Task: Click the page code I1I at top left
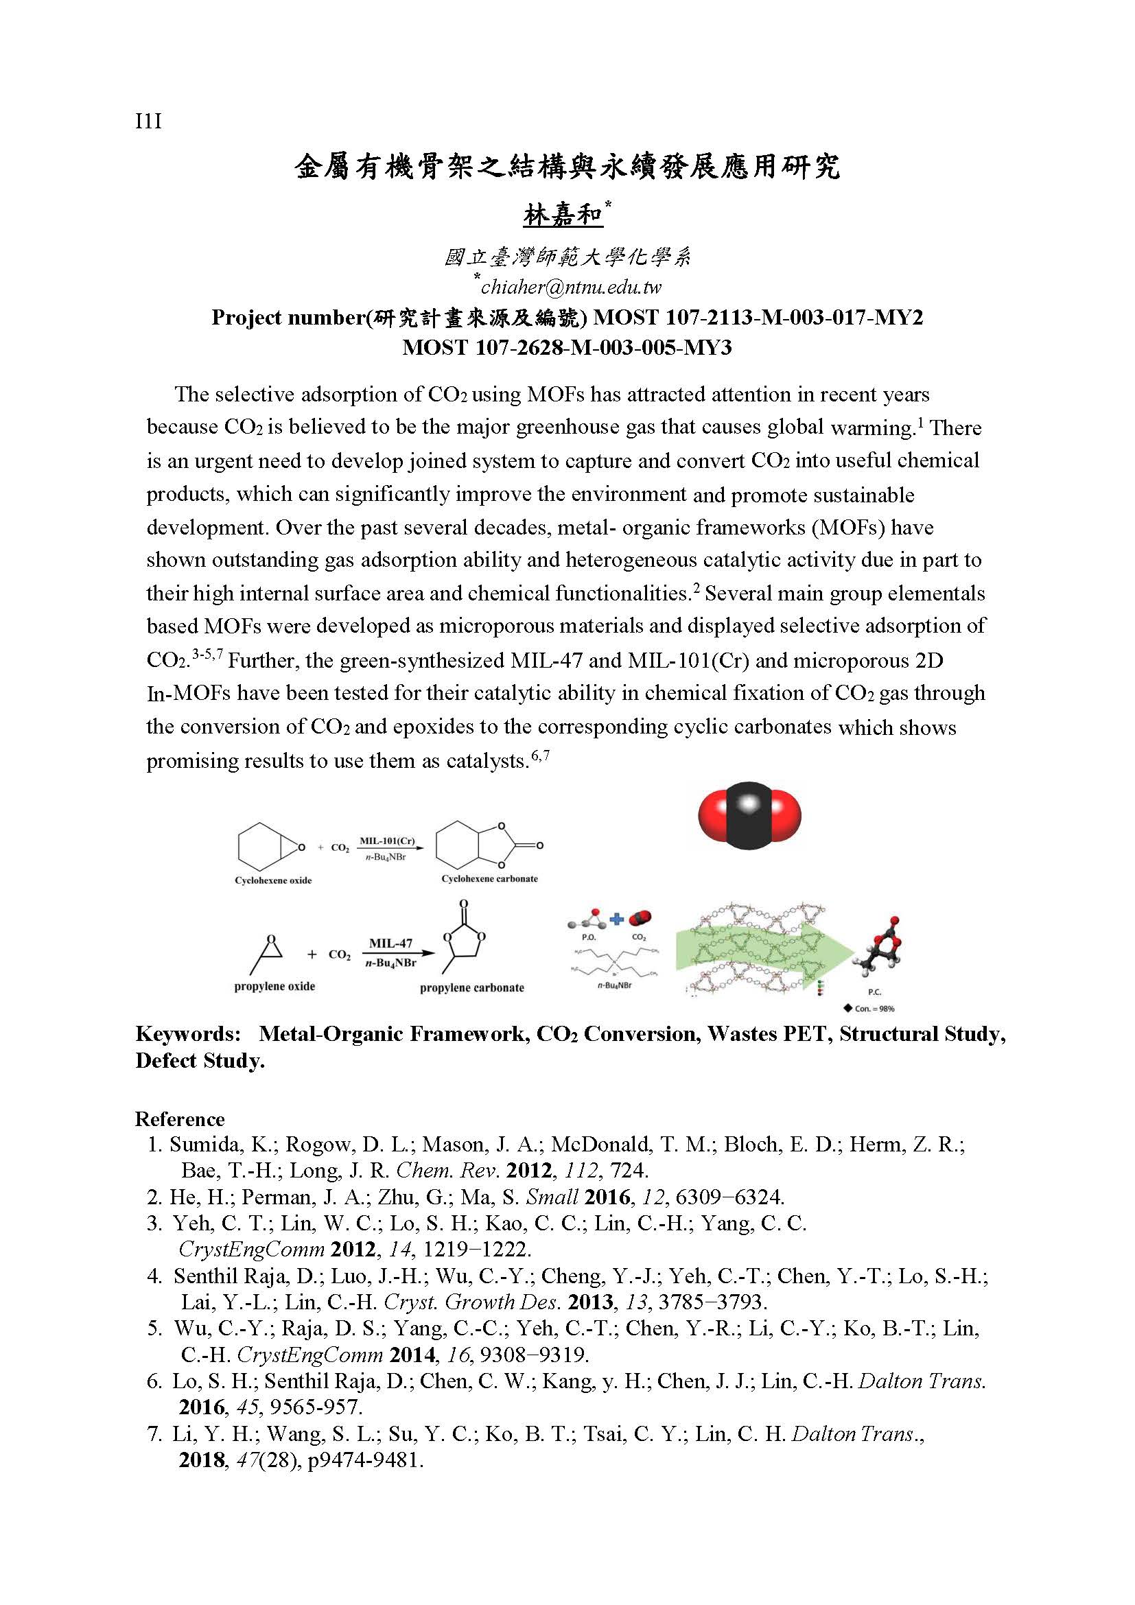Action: click(x=148, y=122)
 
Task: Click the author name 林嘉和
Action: click(x=563, y=215)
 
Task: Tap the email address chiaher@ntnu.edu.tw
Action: click(x=570, y=287)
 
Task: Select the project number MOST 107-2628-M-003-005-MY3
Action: click(x=567, y=347)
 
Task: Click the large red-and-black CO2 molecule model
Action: click(x=749, y=815)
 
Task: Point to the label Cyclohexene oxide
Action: click(x=273, y=880)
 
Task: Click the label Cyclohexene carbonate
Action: click(x=489, y=879)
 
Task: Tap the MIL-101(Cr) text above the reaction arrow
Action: click(x=386, y=841)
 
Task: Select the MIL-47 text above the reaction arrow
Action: click(x=390, y=943)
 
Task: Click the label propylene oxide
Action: click(x=274, y=986)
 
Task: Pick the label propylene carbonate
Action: click(x=471, y=987)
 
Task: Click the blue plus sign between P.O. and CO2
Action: click(x=616, y=919)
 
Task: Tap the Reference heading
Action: click(x=180, y=1119)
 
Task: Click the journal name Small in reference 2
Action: click(x=552, y=1197)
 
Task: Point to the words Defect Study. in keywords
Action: click(x=200, y=1060)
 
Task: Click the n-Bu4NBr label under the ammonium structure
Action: click(x=614, y=985)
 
